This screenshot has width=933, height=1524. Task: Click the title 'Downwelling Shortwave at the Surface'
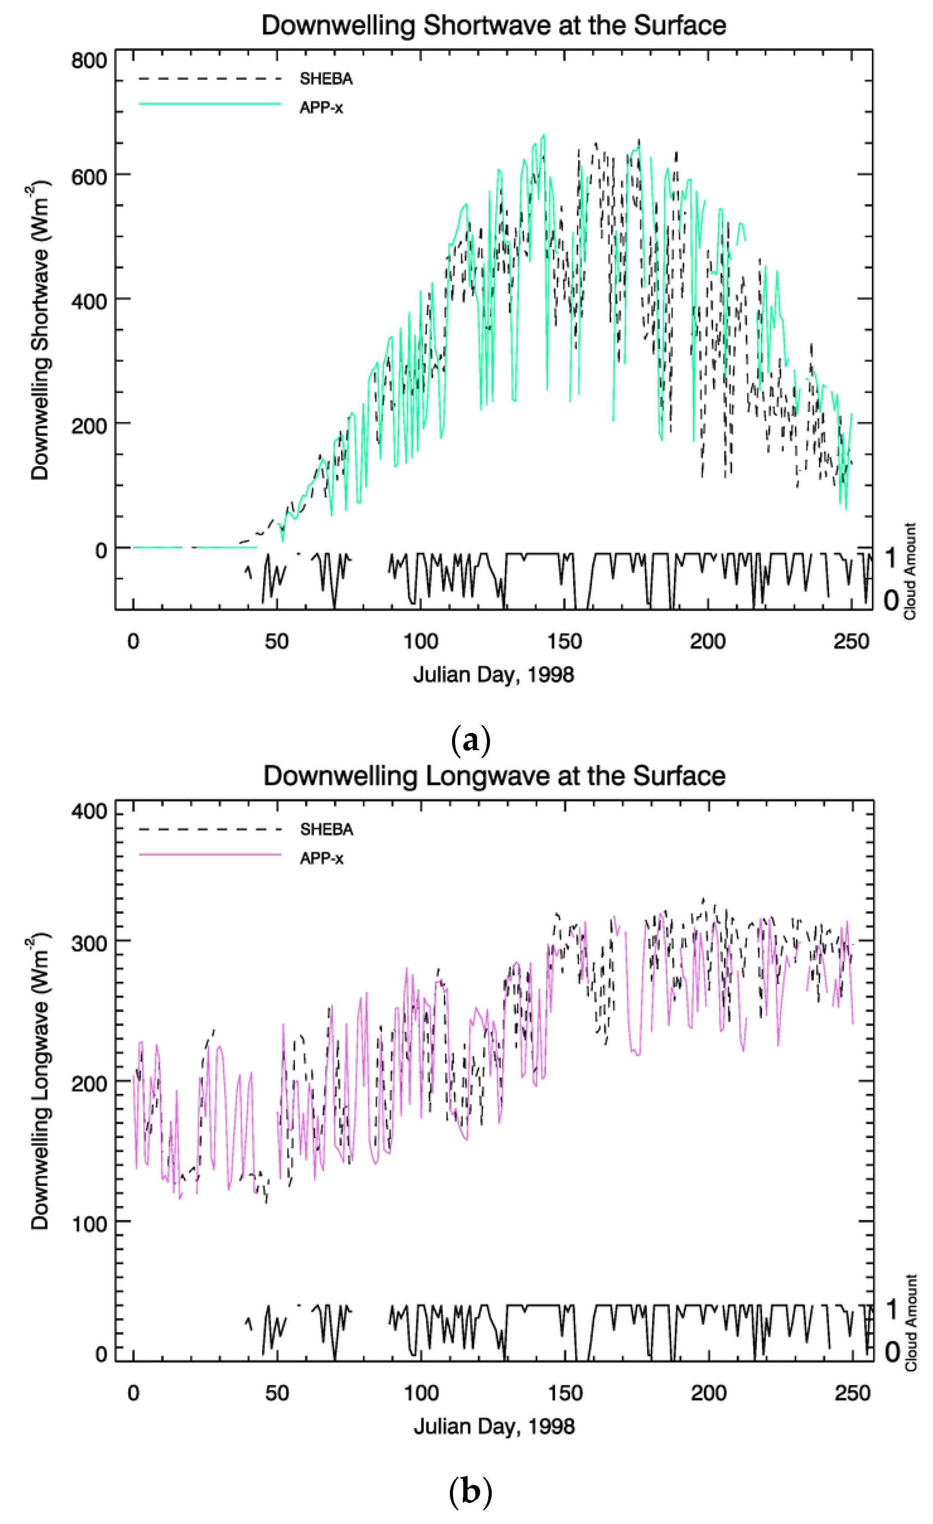[493, 25]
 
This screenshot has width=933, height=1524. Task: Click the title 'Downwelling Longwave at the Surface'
[494, 776]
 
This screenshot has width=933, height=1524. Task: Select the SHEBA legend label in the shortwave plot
[326, 79]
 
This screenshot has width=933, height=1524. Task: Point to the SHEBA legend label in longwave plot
[326, 829]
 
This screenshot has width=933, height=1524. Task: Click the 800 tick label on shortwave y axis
[88, 61]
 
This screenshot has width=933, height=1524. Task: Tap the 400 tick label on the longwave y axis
[88, 811]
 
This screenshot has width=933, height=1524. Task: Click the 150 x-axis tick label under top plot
[564, 641]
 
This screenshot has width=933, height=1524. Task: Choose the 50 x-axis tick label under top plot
[276, 641]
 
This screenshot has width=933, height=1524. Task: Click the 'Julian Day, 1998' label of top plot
[493, 674]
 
